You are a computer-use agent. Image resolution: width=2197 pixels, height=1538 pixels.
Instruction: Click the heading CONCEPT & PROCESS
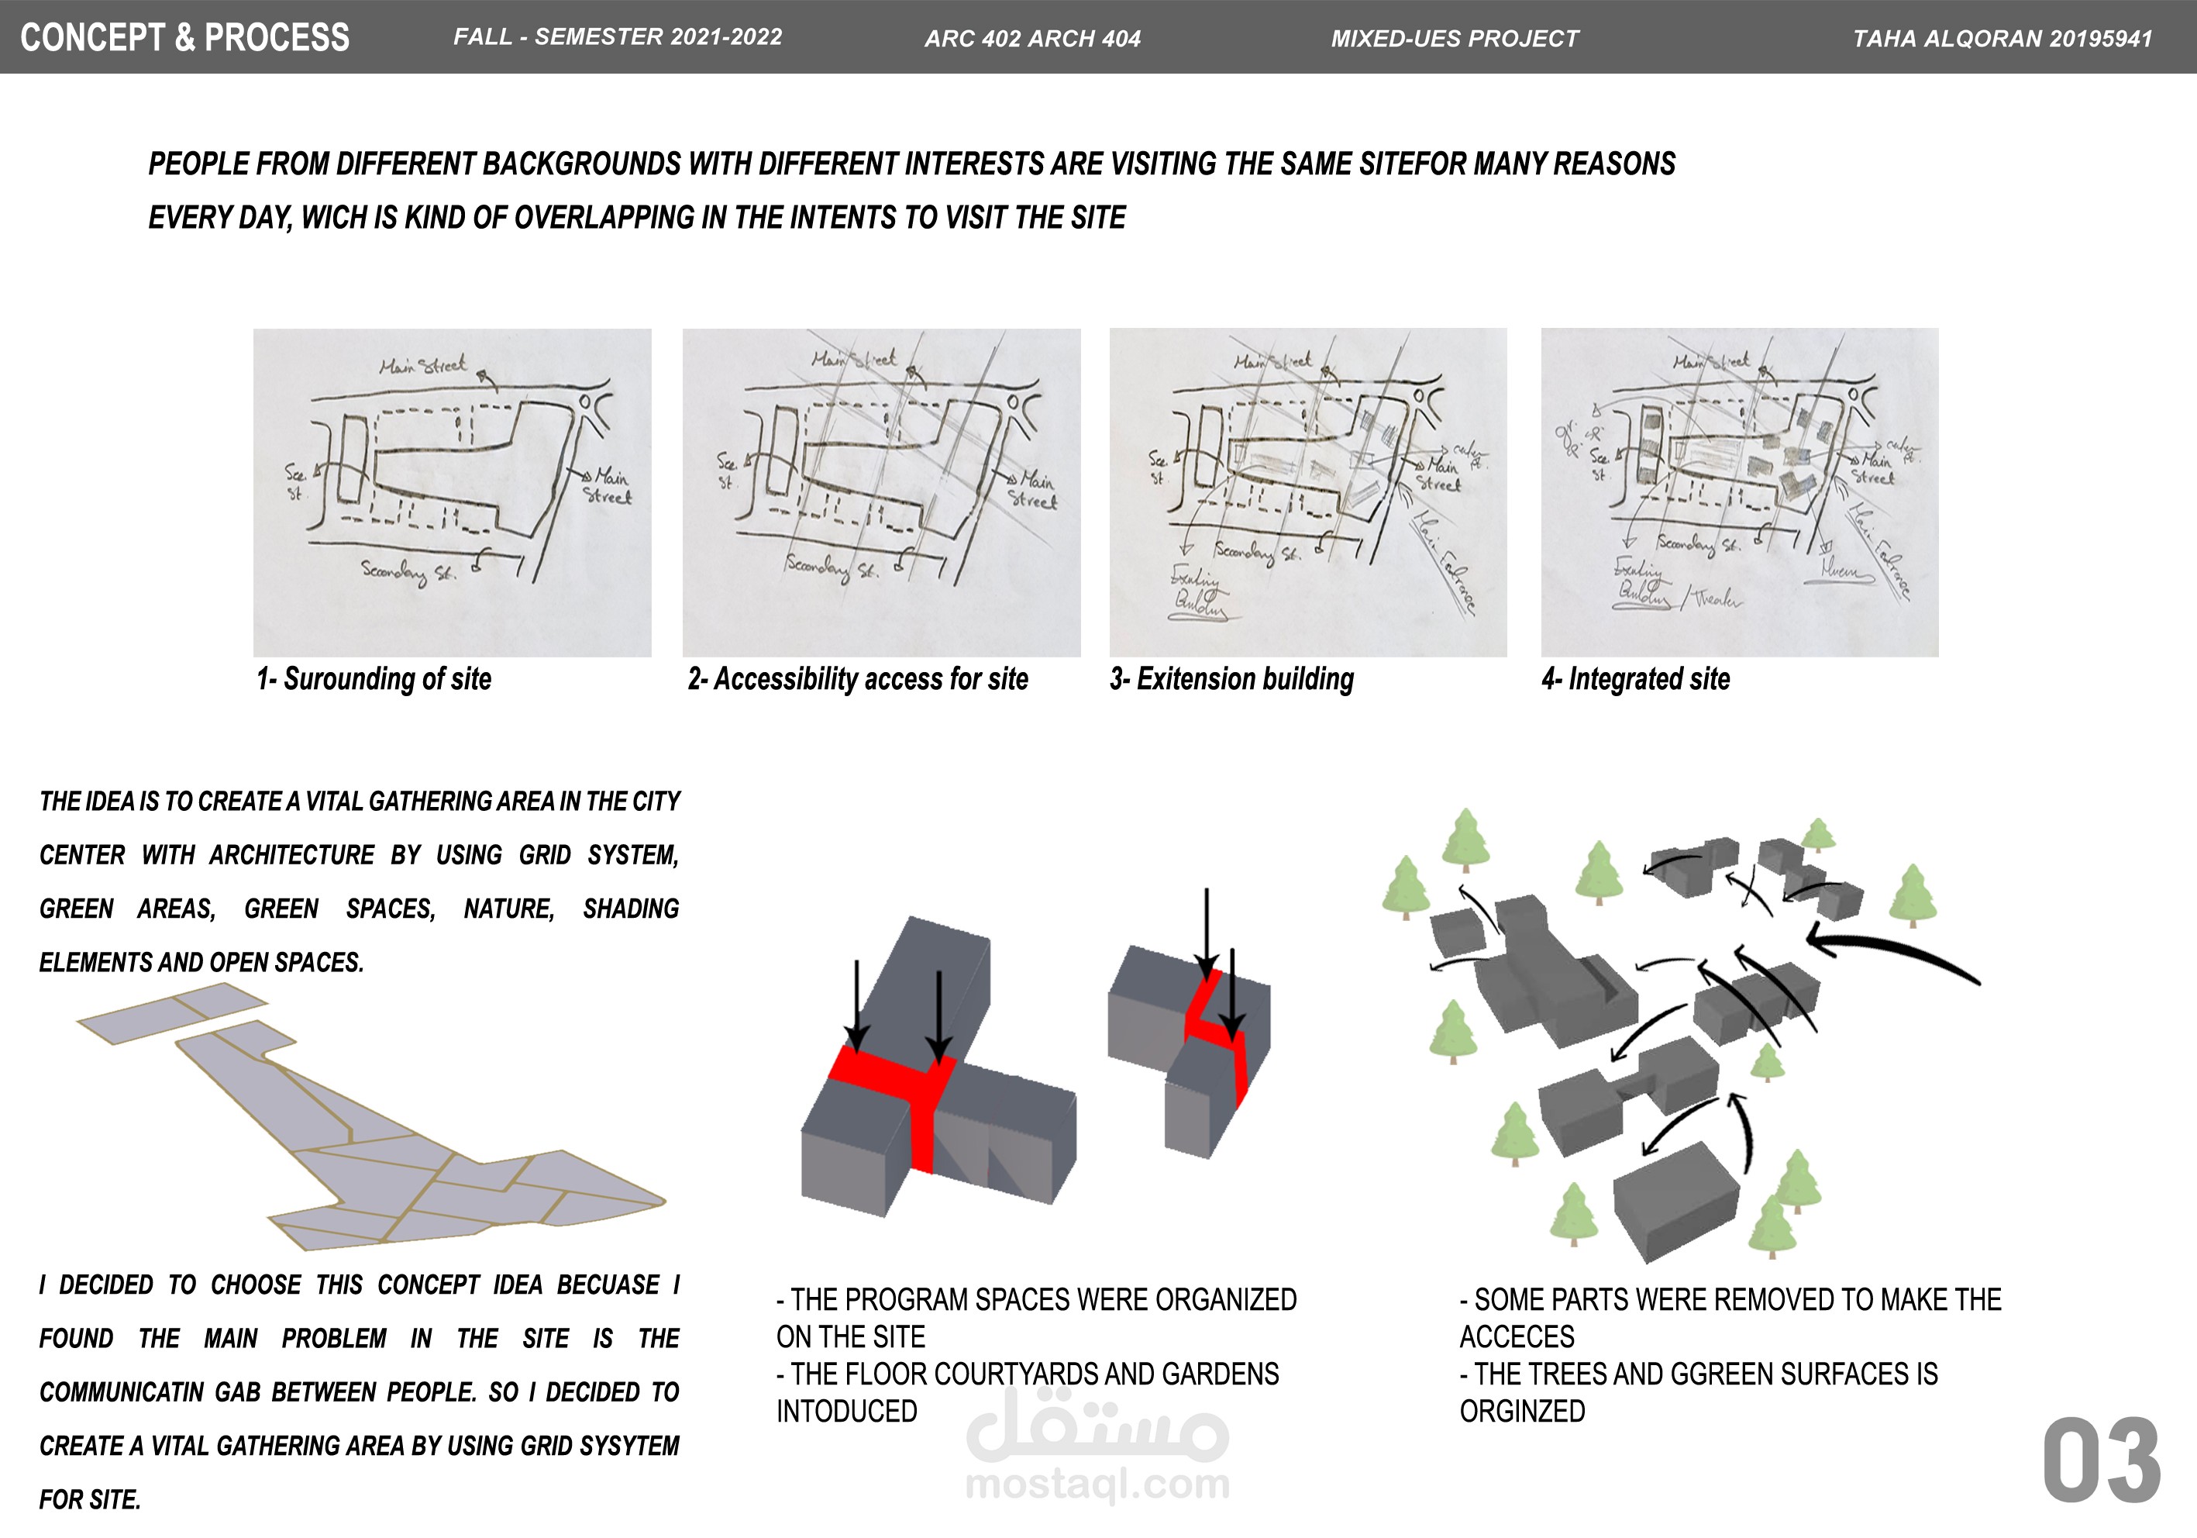pos(184,37)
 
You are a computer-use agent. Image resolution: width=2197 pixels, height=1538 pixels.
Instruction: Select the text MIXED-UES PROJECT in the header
pos(1455,38)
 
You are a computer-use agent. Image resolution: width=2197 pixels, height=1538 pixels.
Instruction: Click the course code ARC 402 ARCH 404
pos(1032,38)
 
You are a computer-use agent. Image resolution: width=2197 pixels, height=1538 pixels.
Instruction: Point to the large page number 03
pos(2102,1460)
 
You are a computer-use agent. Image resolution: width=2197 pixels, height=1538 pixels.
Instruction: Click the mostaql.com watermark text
pos(1097,1484)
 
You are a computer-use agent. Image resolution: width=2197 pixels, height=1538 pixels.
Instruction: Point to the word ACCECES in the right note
pos(1517,1336)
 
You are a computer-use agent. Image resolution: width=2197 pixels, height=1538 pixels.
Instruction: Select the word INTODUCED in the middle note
pos(847,1411)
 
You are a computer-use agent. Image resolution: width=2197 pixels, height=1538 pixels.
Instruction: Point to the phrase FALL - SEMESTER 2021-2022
pos(617,37)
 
